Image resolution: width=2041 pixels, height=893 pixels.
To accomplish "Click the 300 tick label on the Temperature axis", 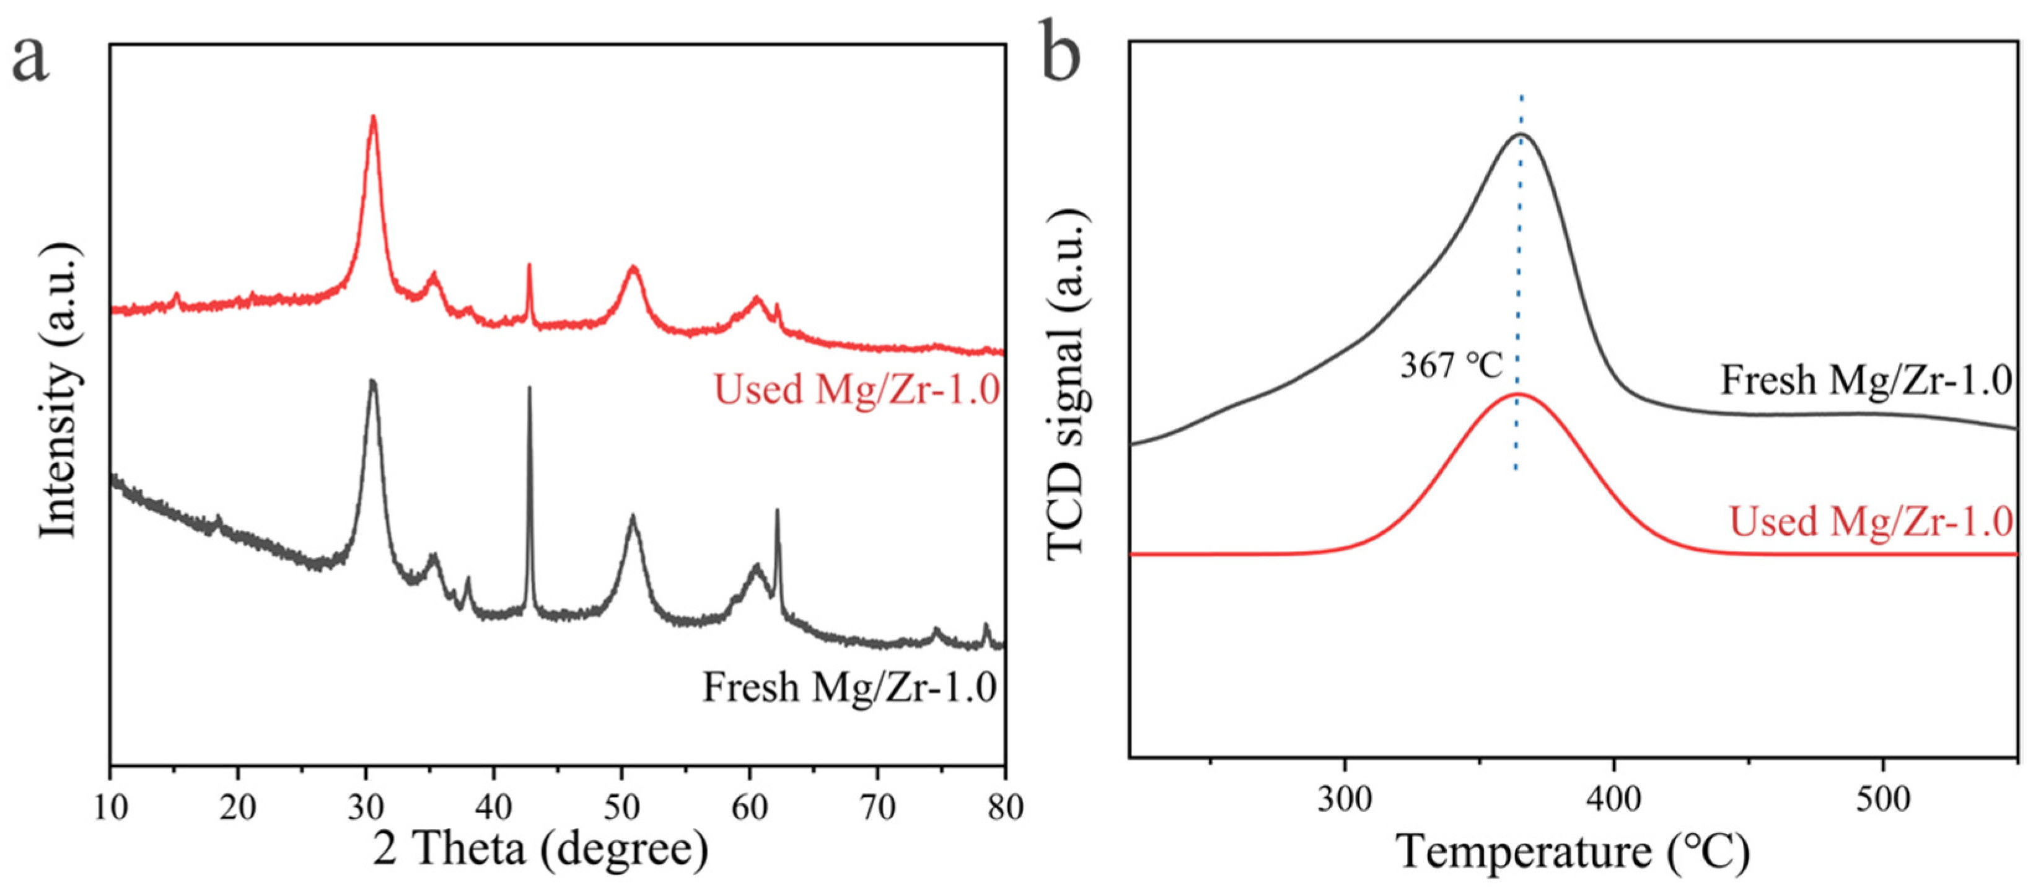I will coord(1345,799).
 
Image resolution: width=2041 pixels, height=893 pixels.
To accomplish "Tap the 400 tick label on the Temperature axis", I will coord(1614,799).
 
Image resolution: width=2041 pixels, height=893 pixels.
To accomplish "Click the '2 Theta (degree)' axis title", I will coord(541,850).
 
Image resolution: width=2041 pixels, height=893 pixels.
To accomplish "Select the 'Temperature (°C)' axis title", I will coord(1573,853).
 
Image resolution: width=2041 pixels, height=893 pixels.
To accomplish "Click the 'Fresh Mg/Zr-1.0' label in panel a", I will coord(849,687).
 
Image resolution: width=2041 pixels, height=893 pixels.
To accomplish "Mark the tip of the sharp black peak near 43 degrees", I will coord(529,387).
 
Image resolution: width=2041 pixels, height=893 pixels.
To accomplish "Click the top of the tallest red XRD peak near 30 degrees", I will coord(373,117).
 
